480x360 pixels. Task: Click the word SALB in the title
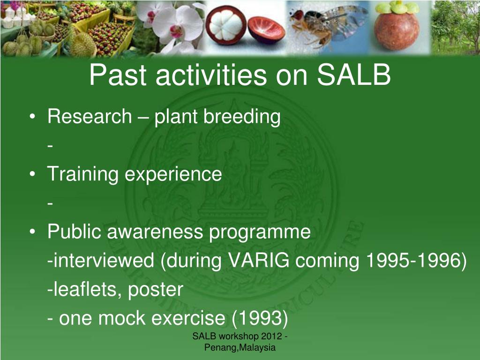pos(354,75)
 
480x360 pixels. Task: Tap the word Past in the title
pos(118,75)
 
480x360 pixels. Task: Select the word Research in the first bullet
pos(90,116)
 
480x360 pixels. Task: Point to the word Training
pos(82,174)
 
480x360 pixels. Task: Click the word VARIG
pos(259,261)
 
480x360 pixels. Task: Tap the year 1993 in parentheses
pos(260,318)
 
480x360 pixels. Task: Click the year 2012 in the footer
pos(271,336)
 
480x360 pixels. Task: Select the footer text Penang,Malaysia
pos(240,347)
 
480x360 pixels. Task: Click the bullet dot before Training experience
pos(32,174)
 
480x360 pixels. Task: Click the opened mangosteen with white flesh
pos(226,25)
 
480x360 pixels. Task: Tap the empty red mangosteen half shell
pos(266,30)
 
